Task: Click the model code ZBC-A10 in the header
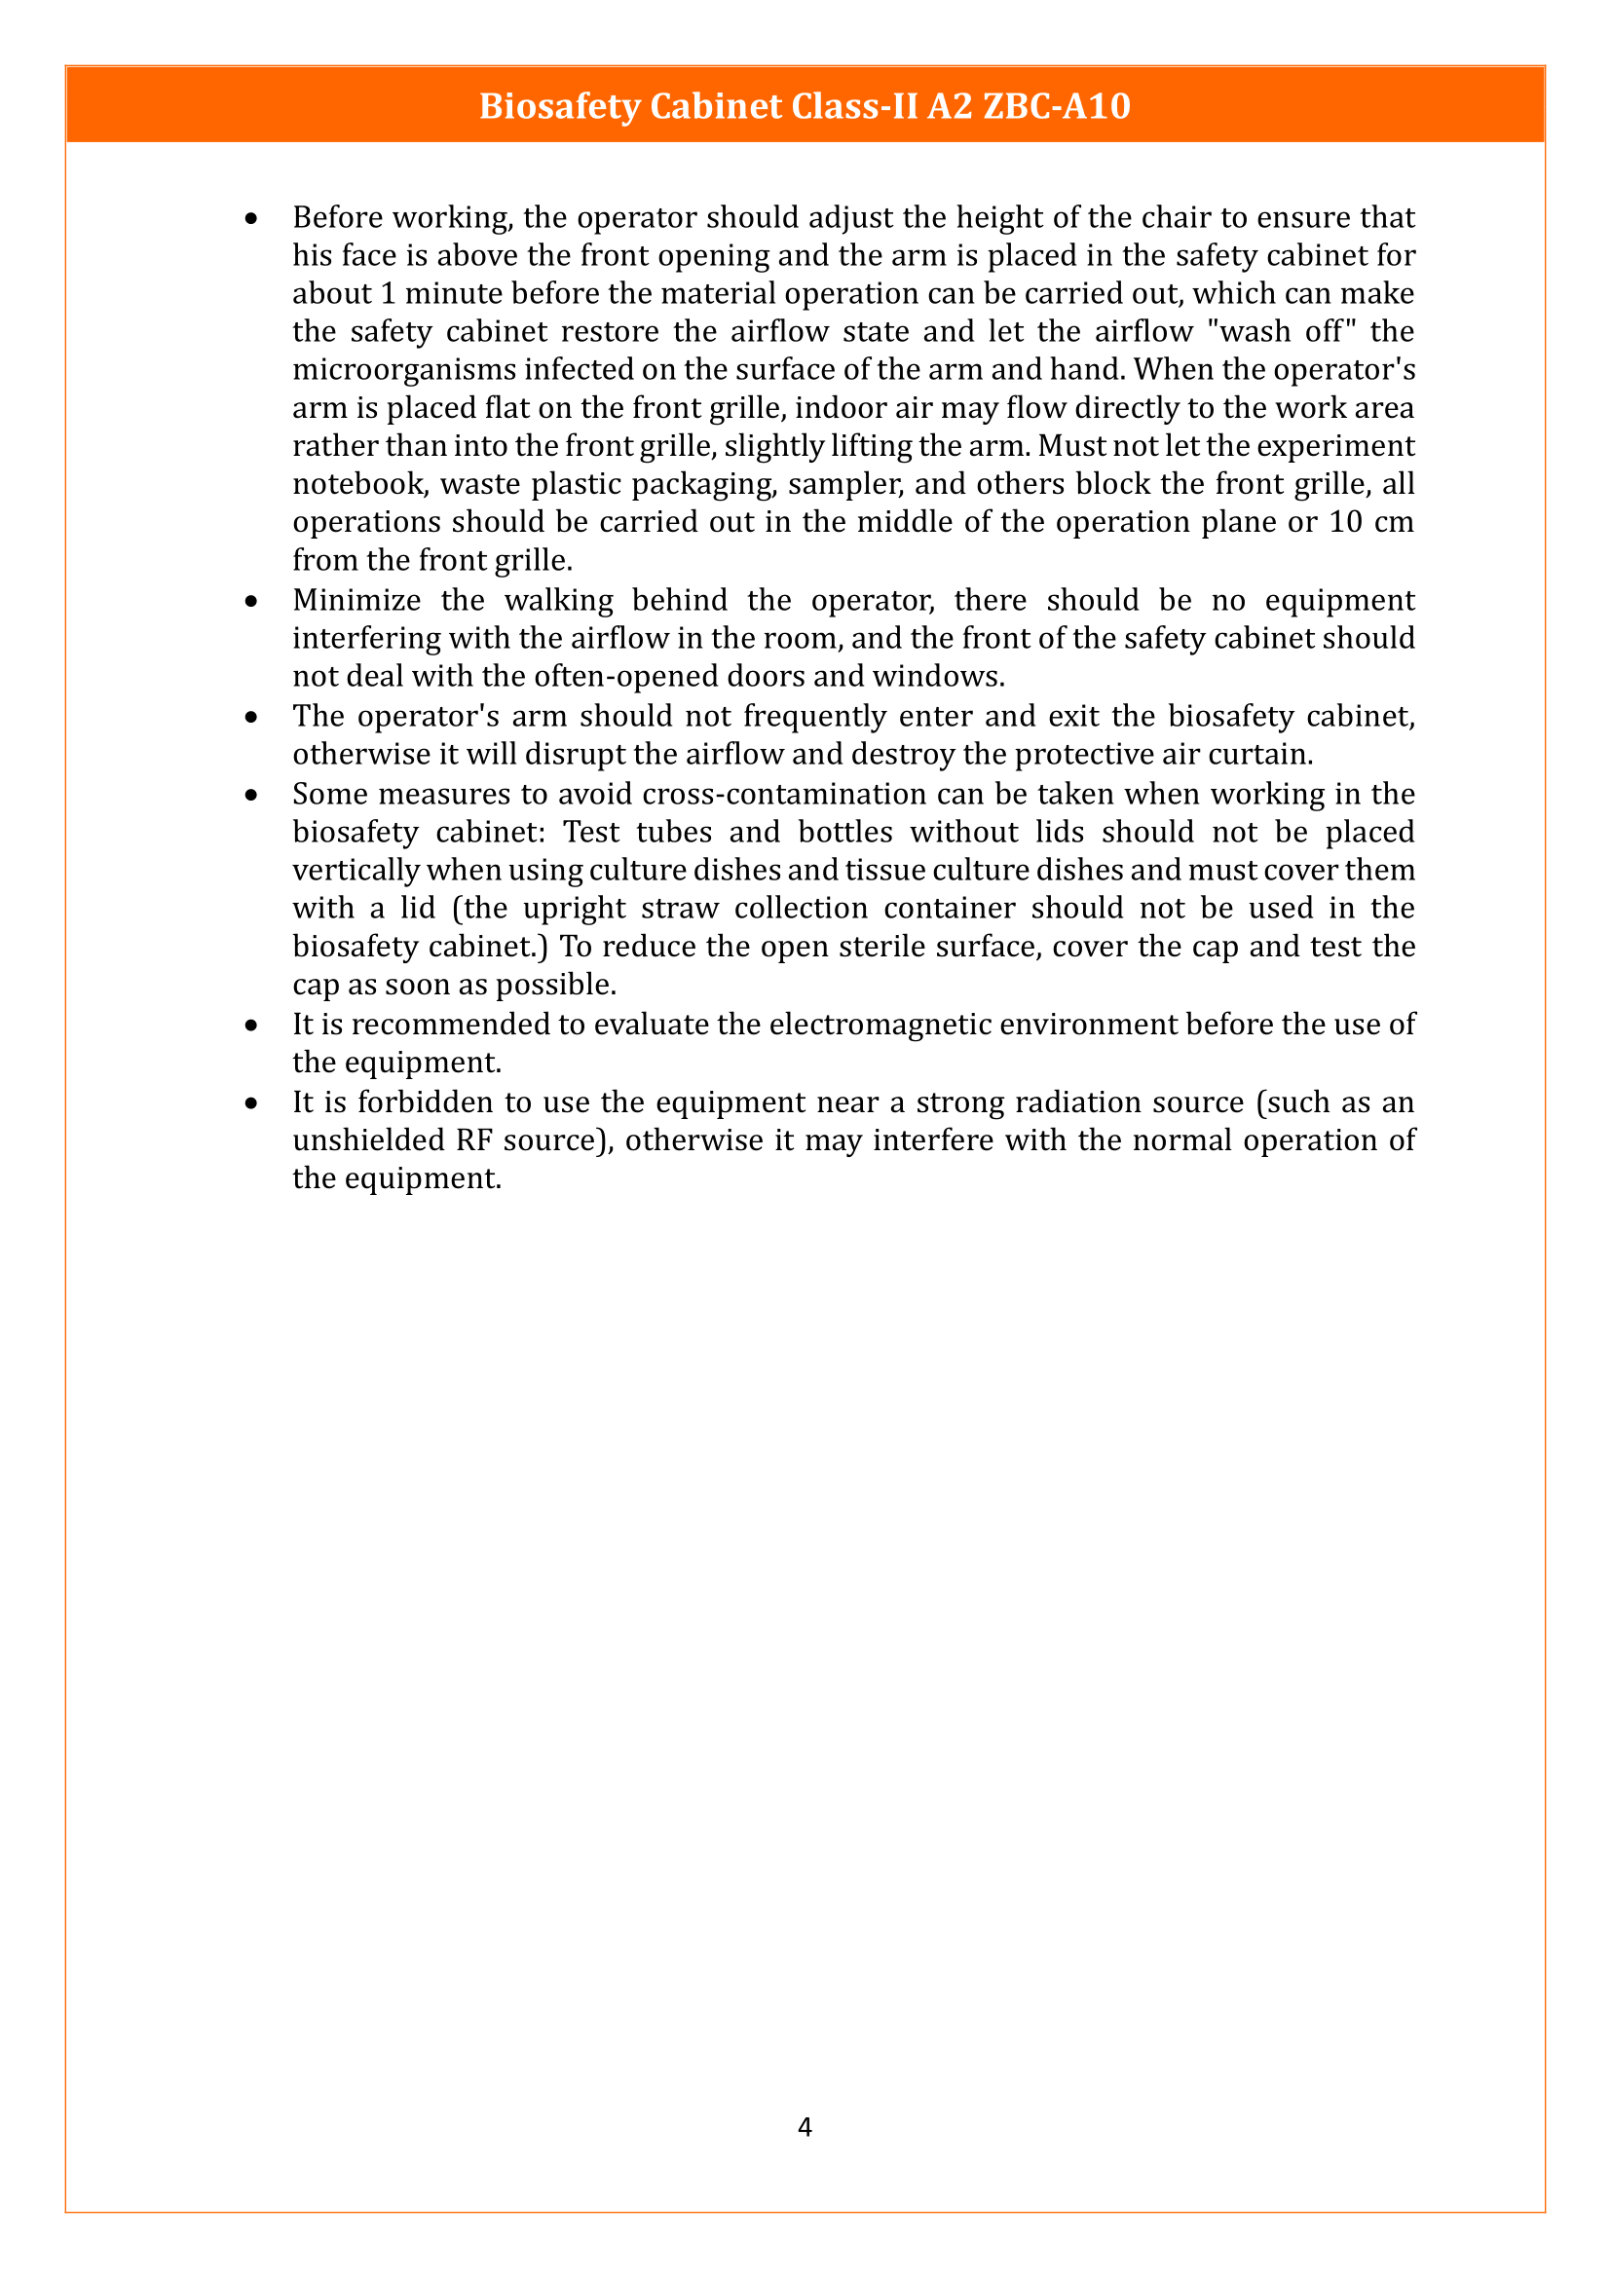click(1057, 106)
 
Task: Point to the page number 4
click(805, 2126)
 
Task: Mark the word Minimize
click(356, 600)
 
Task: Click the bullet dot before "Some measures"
click(252, 795)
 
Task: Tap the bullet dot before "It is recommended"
click(252, 1025)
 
